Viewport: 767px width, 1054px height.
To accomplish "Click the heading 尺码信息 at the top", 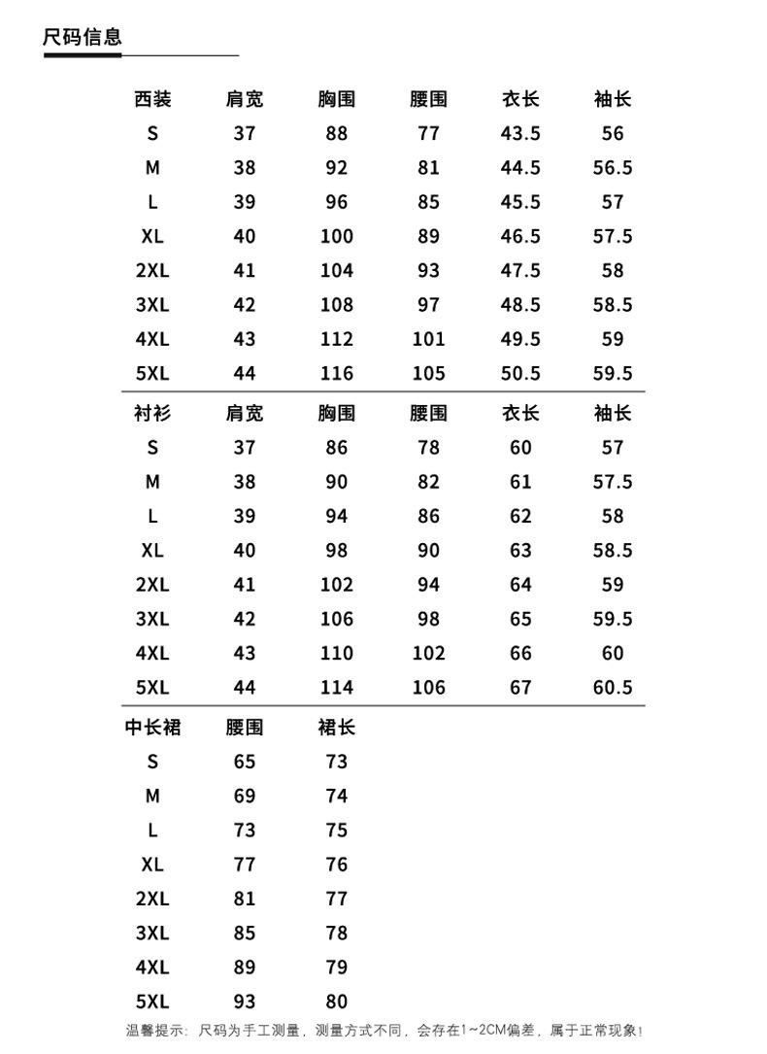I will [x=83, y=38].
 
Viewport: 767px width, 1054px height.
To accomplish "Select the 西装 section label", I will [x=152, y=99].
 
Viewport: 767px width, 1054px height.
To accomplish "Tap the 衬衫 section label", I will [x=152, y=413].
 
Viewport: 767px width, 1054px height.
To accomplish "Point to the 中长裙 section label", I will [x=152, y=728].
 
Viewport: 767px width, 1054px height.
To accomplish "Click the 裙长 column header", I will [x=336, y=728].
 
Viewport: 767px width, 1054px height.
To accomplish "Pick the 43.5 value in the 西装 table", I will [x=520, y=133].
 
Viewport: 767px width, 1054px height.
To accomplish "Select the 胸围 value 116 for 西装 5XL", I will [x=336, y=373].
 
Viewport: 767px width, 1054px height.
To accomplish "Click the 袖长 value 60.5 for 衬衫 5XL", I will [x=613, y=688].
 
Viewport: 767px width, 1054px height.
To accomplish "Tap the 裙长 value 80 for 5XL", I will [x=336, y=1002].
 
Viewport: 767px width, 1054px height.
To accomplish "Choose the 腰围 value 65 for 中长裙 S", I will [x=245, y=762].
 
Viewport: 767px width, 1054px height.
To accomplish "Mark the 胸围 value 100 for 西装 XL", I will [x=336, y=236].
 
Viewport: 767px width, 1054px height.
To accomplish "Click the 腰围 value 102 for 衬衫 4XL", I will [x=428, y=653].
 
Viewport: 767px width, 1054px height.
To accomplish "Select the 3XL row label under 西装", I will [x=152, y=305].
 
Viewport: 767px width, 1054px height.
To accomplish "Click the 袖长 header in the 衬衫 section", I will [x=613, y=413].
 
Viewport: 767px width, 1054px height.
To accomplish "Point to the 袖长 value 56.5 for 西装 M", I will [x=613, y=168].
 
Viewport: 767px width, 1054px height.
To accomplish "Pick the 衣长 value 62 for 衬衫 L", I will [x=520, y=516].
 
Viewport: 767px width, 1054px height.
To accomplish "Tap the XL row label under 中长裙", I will [x=152, y=865].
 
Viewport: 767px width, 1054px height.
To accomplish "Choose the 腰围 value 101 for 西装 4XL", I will [x=428, y=339].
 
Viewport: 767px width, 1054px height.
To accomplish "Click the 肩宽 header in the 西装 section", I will [x=245, y=99].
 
